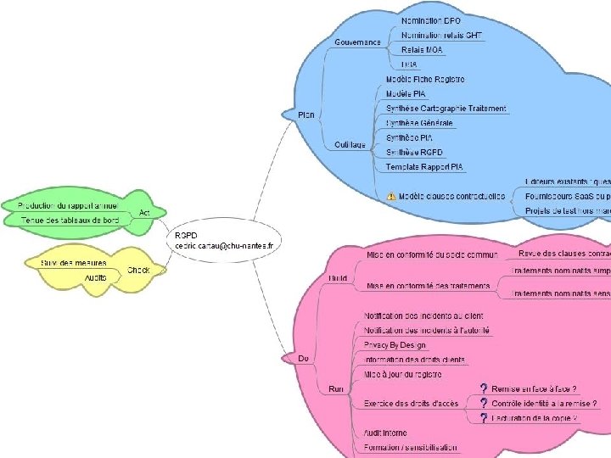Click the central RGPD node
tap(224, 239)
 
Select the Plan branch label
tap(305, 114)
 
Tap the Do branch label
tap(303, 359)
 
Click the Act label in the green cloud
tap(145, 212)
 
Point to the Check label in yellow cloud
tap(138, 271)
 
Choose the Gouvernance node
tap(357, 42)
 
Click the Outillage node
tap(350, 144)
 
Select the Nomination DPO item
tap(431, 19)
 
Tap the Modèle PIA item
tap(406, 93)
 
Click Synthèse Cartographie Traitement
tap(446, 109)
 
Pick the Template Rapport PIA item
tap(424, 166)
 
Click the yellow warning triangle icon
tap(391, 196)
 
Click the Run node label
tap(334, 388)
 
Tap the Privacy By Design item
tap(395, 345)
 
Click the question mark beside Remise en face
tap(483, 388)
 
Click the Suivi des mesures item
tap(74, 263)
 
